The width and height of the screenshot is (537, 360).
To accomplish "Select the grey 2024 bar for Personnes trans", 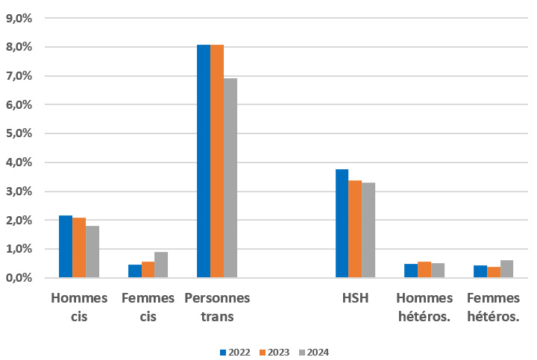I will click(230, 178).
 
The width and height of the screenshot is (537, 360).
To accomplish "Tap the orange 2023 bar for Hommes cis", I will click(79, 247).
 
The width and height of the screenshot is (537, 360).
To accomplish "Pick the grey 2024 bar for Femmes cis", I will click(161, 265).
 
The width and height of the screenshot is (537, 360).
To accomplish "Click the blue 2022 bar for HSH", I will click(342, 224).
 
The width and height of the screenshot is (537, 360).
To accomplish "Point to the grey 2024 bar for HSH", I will click(368, 230).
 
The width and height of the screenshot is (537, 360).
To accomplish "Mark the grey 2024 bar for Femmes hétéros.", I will click(506, 269).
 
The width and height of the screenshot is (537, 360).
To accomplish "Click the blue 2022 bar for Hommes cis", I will click(66, 247).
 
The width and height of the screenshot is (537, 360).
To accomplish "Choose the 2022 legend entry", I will click(233, 352).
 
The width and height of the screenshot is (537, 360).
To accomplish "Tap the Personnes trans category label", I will click(217, 307).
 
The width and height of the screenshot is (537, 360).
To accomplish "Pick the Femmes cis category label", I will click(148, 307).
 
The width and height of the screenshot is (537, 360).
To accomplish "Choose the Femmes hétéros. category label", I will click(493, 307).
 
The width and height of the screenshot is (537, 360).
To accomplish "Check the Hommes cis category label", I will click(79, 307).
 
